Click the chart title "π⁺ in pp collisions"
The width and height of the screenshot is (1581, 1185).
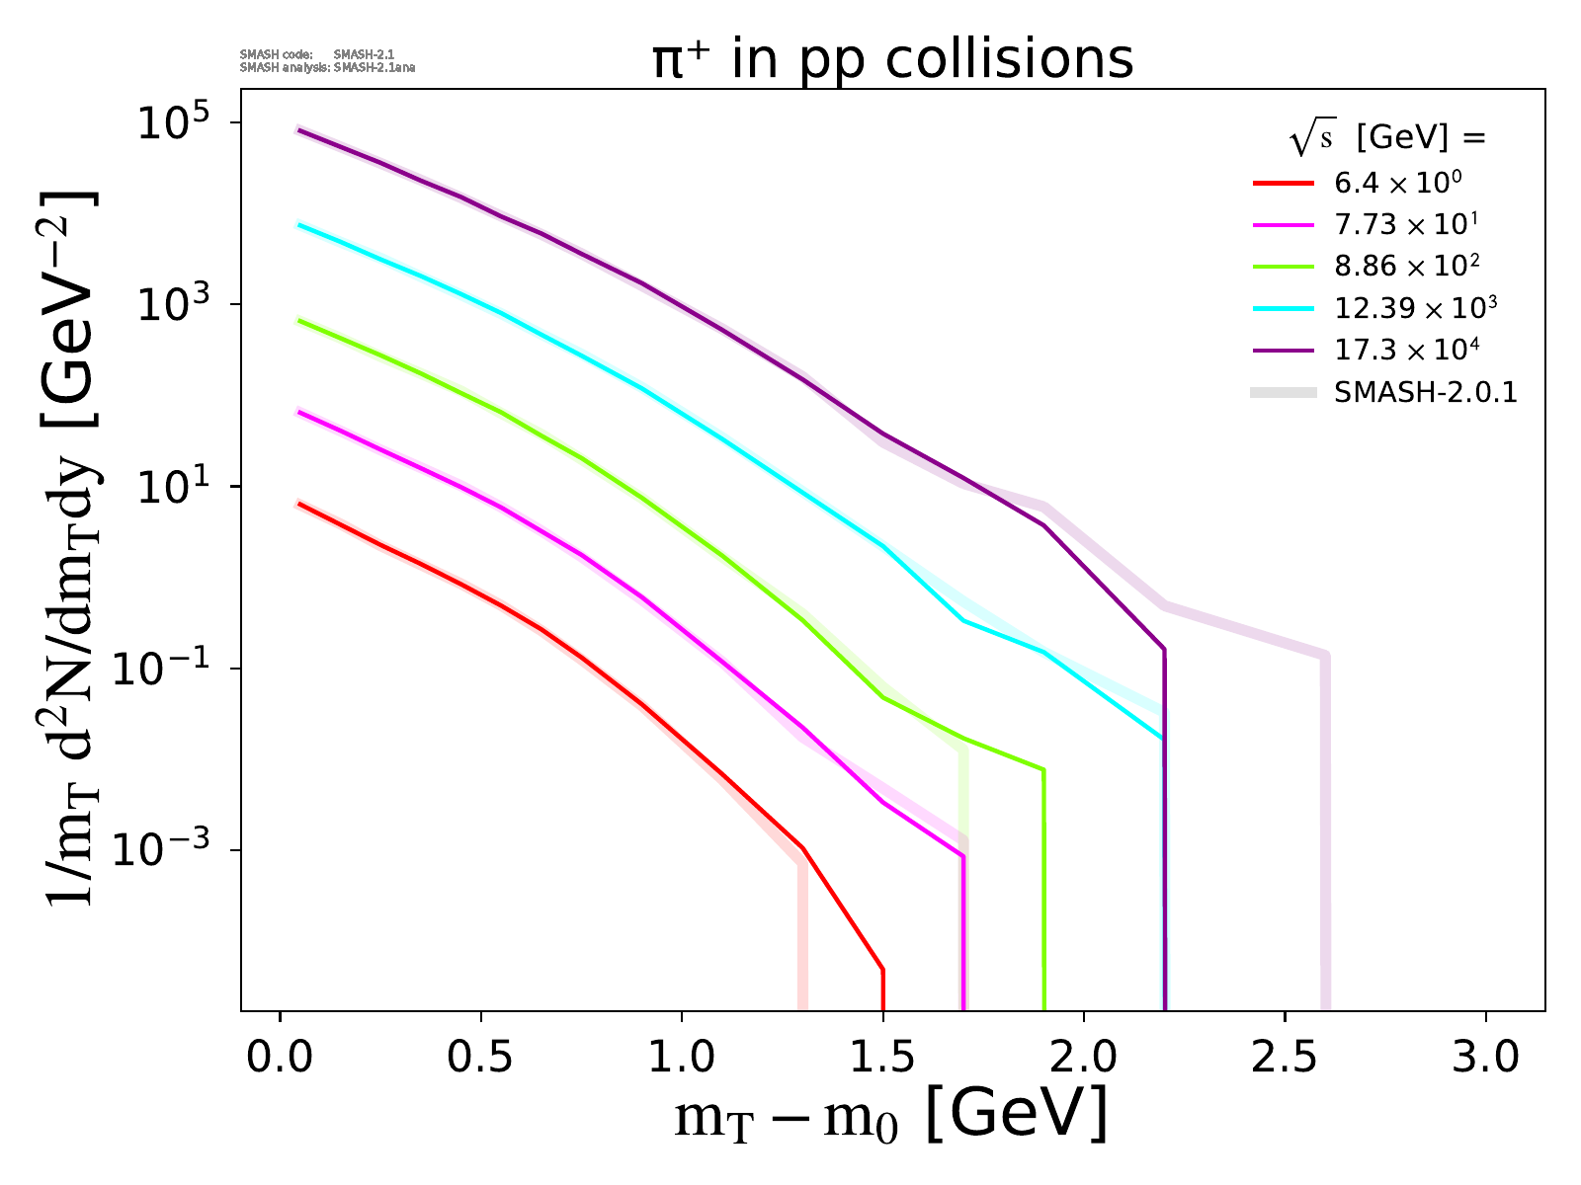coord(892,61)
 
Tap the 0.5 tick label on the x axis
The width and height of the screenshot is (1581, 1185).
coord(481,1058)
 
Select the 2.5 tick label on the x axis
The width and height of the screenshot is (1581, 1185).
coord(1285,1058)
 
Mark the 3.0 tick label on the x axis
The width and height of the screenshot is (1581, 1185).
coord(1485,1058)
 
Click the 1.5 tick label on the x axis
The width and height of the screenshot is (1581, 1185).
coord(882,1058)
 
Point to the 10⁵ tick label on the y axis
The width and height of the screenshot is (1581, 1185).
coord(172,123)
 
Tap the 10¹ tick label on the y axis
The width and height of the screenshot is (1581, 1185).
coord(172,487)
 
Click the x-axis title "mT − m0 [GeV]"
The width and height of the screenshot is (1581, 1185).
coord(890,1117)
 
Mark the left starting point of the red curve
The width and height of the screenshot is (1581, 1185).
coord(299,504)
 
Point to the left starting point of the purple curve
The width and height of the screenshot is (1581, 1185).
coord(299,129)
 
